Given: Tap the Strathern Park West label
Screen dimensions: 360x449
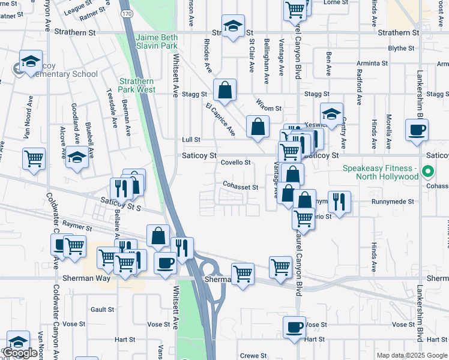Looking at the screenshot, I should click(x=137, y=85).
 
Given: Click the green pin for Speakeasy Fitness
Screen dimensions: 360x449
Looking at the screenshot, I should click(x=427, y=173).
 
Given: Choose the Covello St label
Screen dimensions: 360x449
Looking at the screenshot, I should click(x=235, y=162).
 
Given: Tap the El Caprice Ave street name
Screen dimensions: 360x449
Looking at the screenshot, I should click(x=220, y=119).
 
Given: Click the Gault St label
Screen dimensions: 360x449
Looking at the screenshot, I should click(x=102, y=310).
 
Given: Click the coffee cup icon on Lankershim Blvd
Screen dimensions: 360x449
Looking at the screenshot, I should click(x=417, y=129).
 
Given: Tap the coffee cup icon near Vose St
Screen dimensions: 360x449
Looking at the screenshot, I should click(x=294, y=327).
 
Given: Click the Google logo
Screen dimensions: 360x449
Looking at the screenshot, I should click(x=20, y=353).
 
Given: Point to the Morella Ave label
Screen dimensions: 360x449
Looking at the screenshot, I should click(x=389, y=127).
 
